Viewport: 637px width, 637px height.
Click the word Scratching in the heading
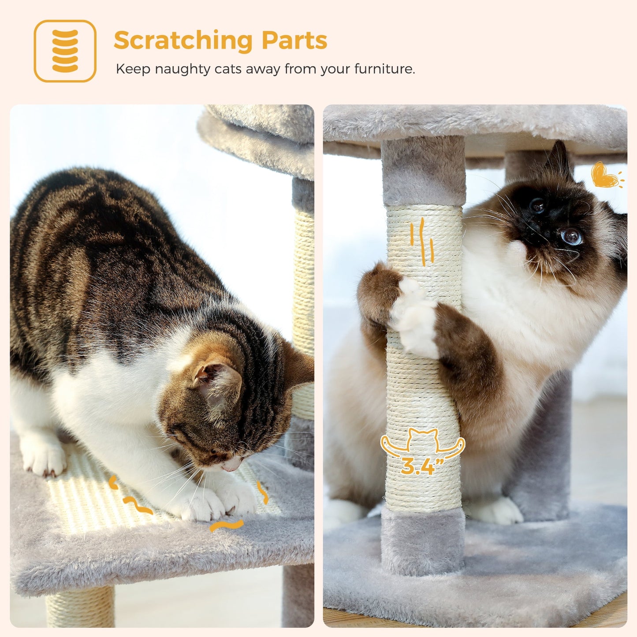click(x=183, y=41)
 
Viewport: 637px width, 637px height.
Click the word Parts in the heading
click(x=294, y=41)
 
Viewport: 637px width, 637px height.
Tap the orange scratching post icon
click(x=65, y=51)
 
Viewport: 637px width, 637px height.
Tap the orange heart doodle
click(x=604, y=175)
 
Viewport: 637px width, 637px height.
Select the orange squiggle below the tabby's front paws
click(x=226, y=525)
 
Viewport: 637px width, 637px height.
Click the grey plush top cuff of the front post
click(x=423, y=172)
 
